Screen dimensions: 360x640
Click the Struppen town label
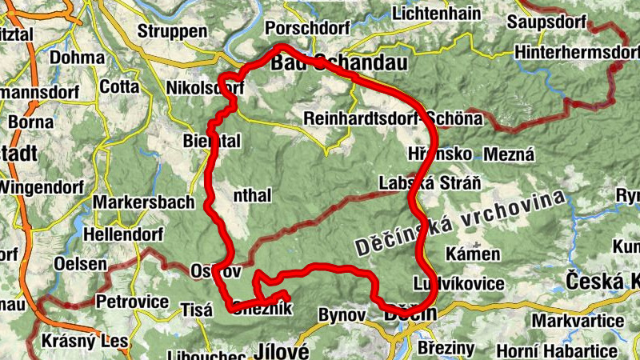(x=172, y=31)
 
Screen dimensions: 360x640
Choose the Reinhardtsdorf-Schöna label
(x=394, y=118)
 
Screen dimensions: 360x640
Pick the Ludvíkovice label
(x=459, y=284)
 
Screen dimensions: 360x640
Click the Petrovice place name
(x=132, y=302)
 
